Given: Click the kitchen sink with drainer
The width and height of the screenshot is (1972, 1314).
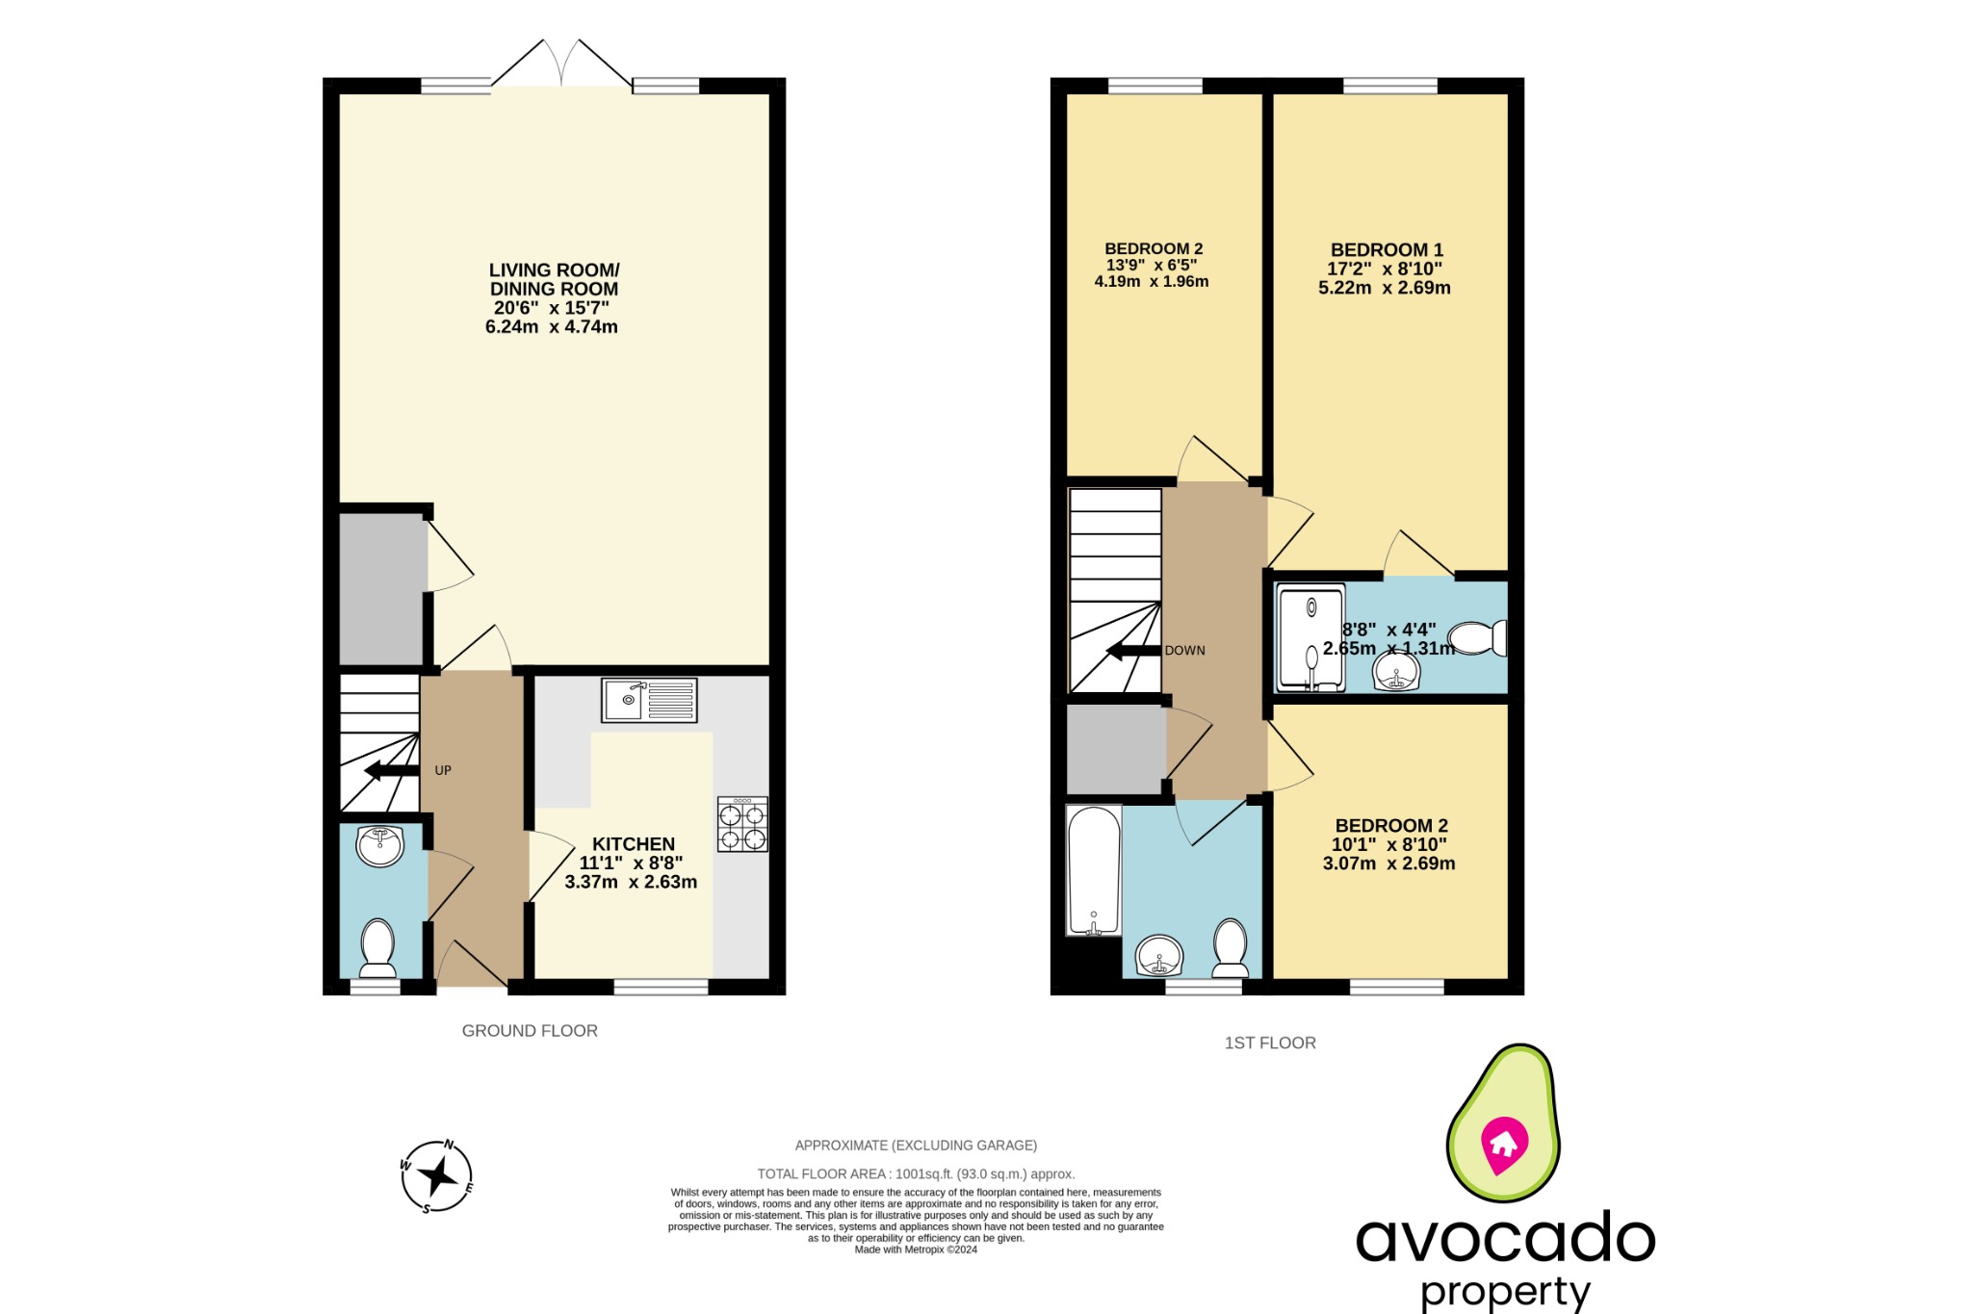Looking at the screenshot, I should click(649, 700).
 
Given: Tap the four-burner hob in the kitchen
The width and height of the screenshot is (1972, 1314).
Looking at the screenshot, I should click(742, 825).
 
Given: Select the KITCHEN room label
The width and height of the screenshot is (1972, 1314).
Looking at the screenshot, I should click(633, 844).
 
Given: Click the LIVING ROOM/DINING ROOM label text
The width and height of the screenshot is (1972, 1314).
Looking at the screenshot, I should click(554, 279).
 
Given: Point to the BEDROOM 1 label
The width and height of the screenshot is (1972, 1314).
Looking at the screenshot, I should click(1387, 250).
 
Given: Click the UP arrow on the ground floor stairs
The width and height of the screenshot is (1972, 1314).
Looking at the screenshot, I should click(391, 770).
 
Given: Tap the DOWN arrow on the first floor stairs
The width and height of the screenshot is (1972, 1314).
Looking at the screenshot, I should click(1133, 651).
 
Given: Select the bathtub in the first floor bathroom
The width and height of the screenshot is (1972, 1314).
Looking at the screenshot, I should click(1094, 870).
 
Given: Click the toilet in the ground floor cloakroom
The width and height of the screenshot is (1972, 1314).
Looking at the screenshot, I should click(377, 947).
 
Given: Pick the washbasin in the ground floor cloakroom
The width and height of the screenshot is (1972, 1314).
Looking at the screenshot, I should click(380, 846).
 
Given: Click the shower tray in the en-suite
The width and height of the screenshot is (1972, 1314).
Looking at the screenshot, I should click(1310, 637).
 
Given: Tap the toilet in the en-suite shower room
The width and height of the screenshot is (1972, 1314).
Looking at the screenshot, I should click(1478, 638).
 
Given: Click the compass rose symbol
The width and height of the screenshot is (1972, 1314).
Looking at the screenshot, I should click(437, 1175).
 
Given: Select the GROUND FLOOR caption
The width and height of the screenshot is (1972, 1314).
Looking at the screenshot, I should click(530, 1031).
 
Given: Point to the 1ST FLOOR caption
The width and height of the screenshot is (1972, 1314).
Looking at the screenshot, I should click(1270, 1043).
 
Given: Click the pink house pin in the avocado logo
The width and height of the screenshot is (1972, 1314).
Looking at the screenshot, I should click(1504, 1144).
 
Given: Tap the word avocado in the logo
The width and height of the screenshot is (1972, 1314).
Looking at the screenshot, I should click(1505, 1239).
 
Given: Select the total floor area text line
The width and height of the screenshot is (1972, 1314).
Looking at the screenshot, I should click(916, 1174).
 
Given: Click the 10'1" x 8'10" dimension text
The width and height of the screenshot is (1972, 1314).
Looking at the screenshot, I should click(1388, 845).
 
